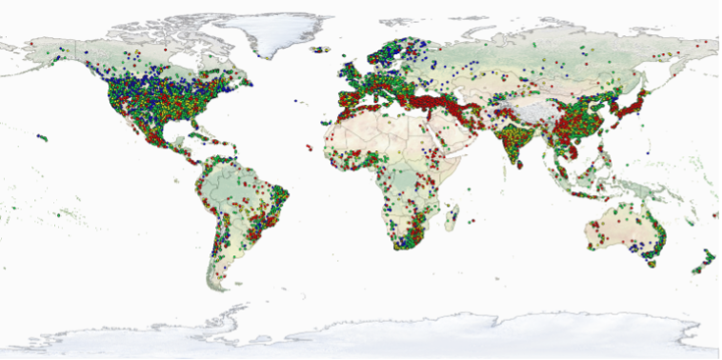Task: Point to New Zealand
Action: [x=705, y=259]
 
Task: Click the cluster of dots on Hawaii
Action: [x=42, y=138]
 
